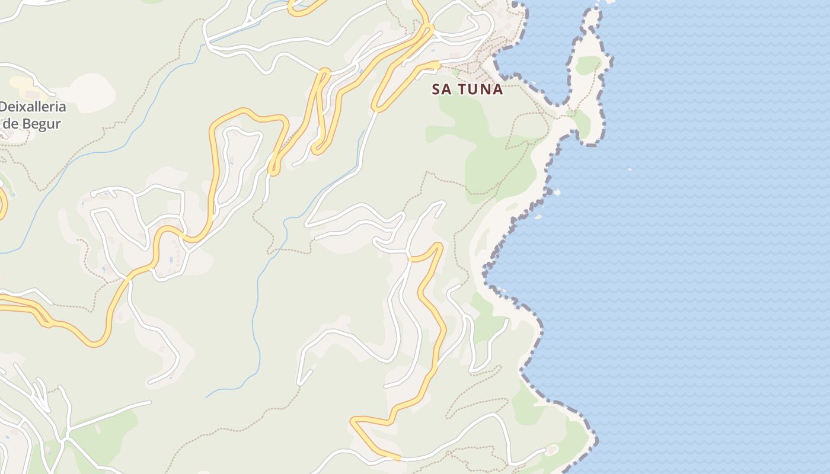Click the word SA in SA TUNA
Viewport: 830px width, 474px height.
442,89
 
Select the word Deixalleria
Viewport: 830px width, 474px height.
33,107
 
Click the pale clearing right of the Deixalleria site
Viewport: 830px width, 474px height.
89,92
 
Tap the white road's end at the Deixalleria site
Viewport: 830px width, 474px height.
54,94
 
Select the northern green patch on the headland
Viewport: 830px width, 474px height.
588,65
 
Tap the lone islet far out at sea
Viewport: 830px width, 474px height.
629,169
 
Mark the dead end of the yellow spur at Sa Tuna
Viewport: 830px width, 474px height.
439,63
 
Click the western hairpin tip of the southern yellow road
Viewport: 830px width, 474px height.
353,421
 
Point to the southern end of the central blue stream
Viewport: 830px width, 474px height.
207,396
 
